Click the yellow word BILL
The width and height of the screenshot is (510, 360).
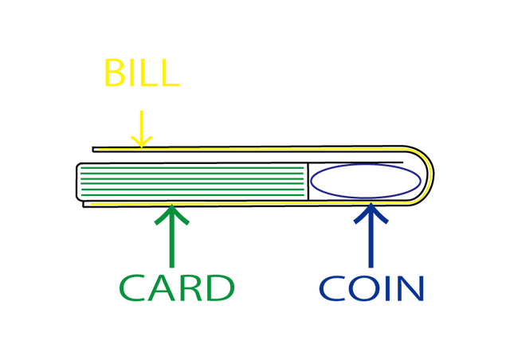click(x=142, y=72)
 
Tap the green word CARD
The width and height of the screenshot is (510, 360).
click(x=177, y=288)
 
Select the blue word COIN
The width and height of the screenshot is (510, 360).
click(x=371, y=288)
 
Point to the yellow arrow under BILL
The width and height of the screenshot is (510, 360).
click(x=142, y=129)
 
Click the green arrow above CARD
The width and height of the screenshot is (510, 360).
click(x=172, y=236)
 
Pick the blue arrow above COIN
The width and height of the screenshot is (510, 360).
click(x=371, y=235)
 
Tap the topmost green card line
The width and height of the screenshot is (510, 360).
click(x=192, y=168)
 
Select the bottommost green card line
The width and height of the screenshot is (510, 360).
click(x=192, y=195)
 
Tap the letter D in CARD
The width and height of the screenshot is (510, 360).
click(x=222, y=288)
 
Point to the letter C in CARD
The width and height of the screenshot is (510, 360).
click(x=132, y=288)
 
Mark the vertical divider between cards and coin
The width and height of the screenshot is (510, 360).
click(x=308, y=181)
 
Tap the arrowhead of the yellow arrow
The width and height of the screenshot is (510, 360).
click(x=142, y=143)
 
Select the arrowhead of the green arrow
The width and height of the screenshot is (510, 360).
click(x=172, y=213)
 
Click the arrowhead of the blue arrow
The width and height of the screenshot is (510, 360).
click(x=371, y=212)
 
